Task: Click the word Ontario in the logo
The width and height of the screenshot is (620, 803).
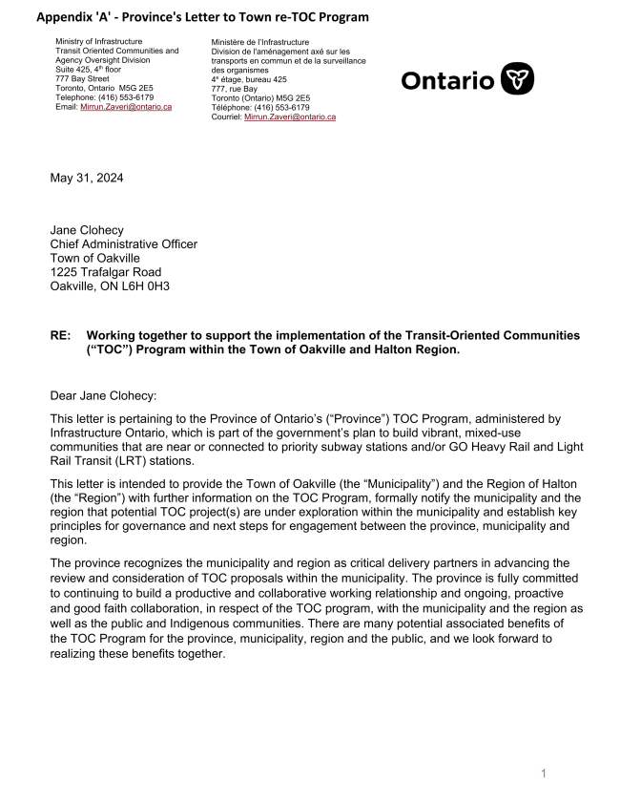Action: click(447, 80)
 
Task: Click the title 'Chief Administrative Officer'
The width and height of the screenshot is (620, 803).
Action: click(124, 244)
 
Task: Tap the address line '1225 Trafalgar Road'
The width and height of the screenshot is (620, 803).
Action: click(106, 272)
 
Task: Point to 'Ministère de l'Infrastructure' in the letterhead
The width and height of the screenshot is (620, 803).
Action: click(260, 43)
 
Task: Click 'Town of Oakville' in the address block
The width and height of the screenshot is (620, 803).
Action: click(96, 259)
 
